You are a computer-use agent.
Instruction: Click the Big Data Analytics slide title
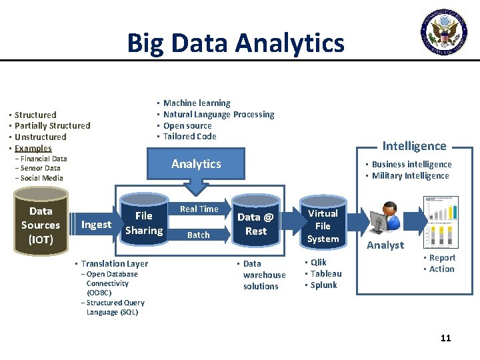click(235, 43)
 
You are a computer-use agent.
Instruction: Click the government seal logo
click(443, 31)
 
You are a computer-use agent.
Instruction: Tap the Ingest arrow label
click(96, 225)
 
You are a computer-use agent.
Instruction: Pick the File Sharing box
click(143, 223)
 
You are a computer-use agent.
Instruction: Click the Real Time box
click(199, 209)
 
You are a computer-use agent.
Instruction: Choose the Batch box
click(198, 235)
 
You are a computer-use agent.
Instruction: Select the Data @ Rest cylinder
click(255, 224)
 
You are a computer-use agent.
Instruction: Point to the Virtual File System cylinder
click(323, 225)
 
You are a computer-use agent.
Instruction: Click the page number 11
click(445, 338)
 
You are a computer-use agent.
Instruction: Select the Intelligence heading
click(414, 146)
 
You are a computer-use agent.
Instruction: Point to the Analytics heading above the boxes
click(196, 164)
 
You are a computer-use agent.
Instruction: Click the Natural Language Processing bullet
click(219, 115)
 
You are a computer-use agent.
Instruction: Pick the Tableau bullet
click(325, 273)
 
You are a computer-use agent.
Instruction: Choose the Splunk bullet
click(323, 285)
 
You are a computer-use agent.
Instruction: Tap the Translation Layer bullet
click(114, 263)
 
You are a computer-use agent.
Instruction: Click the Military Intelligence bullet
click(410, 176)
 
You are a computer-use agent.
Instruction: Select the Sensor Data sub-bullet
click(40, 169)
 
